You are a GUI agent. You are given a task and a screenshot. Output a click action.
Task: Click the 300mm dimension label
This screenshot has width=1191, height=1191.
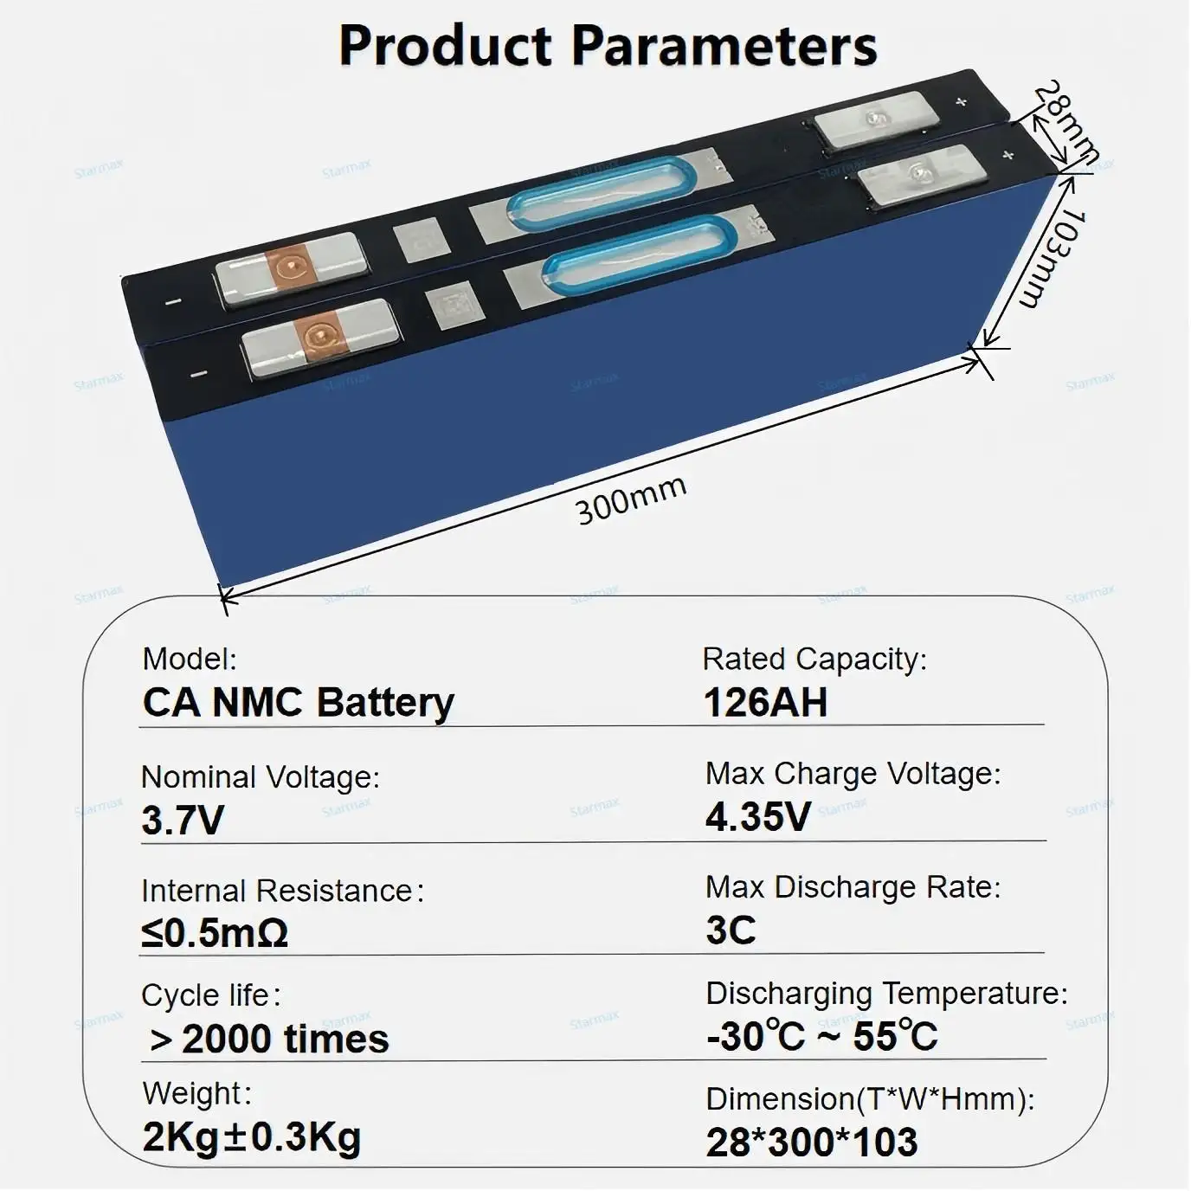(x=631, y=499)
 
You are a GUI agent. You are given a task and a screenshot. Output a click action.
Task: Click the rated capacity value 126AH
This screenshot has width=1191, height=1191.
(x=765, y=702)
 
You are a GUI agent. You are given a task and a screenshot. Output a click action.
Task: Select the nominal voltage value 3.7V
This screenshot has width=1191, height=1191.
(x=183, y=820)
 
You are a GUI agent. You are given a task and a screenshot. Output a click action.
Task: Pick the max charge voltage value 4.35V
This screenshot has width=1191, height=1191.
(x=758, y=816)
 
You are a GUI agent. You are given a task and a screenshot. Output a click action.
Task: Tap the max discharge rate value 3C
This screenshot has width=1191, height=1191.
(x=731, y=930)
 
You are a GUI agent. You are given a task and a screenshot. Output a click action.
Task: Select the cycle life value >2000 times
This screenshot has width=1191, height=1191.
(x=269, y=1039)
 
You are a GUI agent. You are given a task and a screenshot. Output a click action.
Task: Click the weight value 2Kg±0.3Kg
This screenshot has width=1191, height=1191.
(x=251, y=1137)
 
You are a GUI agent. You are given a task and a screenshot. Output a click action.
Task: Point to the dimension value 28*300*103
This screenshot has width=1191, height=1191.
(x=811, y=1142)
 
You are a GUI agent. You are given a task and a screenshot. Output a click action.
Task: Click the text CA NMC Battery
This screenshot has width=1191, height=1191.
(x=298, y=702)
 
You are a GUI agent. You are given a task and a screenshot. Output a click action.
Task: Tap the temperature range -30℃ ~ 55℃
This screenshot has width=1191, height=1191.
(x=821, y=1036)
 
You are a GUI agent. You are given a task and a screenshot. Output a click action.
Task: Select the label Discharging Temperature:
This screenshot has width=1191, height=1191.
(x=886, y=993)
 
